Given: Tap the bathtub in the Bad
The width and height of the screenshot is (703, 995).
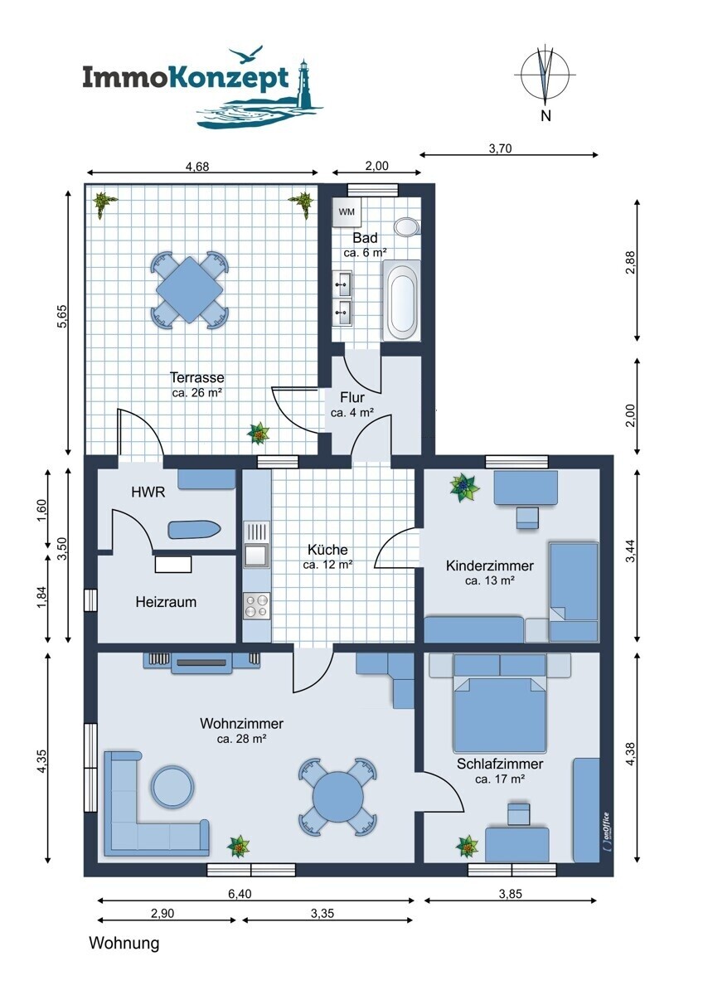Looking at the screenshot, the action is point(401,301).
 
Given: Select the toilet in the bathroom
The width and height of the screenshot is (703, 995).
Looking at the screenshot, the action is point(408,226).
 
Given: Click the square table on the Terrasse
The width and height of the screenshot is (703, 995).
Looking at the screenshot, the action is point(190,290).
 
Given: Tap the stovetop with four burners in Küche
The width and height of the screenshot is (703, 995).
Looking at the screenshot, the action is point(256,605).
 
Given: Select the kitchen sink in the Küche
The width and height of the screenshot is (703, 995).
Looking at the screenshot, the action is point(256,545).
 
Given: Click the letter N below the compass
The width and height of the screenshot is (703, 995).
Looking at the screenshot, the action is point(545,116).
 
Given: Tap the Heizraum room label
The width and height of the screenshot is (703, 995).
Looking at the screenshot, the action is point(166,602).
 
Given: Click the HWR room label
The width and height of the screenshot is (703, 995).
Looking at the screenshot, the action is point(148,493).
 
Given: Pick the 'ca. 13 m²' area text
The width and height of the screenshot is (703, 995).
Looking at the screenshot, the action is point(490,580).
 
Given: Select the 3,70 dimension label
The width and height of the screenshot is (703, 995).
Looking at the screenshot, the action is point(500,148).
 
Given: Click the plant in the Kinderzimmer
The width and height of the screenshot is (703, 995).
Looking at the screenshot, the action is point(464,488).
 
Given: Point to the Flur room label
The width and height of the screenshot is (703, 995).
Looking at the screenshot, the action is point(352,397).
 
